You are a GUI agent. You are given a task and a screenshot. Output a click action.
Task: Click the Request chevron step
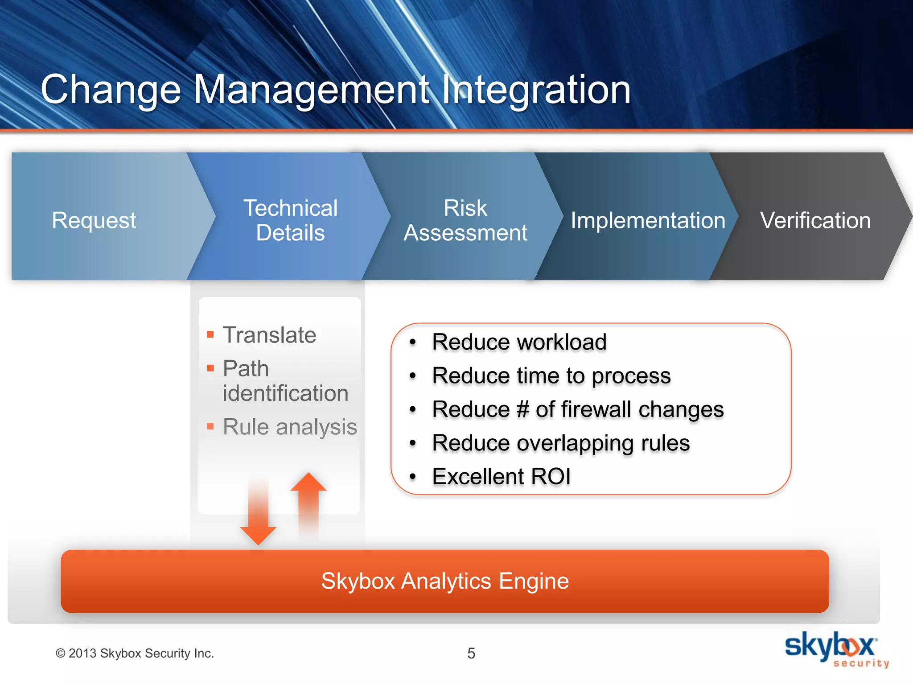click(94, 220)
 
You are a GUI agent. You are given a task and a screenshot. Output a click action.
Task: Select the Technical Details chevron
click(290, 220)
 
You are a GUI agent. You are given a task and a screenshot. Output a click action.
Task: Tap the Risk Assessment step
click(465, 220)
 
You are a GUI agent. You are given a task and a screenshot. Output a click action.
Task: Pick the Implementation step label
click(648, 221)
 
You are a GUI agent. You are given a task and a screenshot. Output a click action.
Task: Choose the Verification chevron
click(815, 220)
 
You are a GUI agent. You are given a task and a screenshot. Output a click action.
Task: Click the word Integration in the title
click(536, 90)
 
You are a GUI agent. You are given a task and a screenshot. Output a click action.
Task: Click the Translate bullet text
click(269, 335)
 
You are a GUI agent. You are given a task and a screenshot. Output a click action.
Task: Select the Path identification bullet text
click(285, 381)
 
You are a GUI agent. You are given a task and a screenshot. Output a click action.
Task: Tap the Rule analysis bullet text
click(290, 427)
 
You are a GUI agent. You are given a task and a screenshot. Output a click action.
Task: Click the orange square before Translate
click(210, 334)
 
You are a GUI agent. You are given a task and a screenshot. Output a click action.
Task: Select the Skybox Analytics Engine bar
click(444, 581)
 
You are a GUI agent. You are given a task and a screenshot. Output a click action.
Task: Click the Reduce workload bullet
click(519, 342)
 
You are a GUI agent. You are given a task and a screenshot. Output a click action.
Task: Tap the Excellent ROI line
click(501, 476)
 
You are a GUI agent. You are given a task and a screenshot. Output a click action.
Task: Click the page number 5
click(471, 653)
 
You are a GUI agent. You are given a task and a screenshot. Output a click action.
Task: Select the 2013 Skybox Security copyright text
click(135, 653)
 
